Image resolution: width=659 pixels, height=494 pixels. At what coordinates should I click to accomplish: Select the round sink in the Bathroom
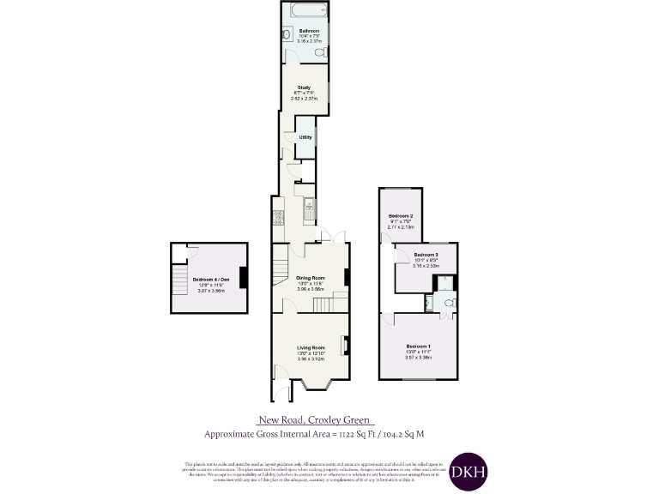point(287,35)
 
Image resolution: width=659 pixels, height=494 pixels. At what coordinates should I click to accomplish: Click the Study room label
point(305,87)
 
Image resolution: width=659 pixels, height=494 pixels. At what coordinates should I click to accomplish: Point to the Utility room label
point(305,137)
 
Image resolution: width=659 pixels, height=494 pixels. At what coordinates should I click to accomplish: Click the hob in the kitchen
point(278,219)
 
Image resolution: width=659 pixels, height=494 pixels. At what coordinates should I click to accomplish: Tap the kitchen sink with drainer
point(310,208)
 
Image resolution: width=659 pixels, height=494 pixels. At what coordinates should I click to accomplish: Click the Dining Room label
point(311,278)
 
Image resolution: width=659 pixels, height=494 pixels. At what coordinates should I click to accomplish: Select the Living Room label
point(310,347)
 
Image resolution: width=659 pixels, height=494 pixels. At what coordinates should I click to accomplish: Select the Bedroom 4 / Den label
point(210,280)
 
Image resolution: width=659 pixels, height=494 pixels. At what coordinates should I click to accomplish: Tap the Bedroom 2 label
point(401,215)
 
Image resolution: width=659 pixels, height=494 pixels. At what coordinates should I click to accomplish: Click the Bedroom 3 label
point(426,256)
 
